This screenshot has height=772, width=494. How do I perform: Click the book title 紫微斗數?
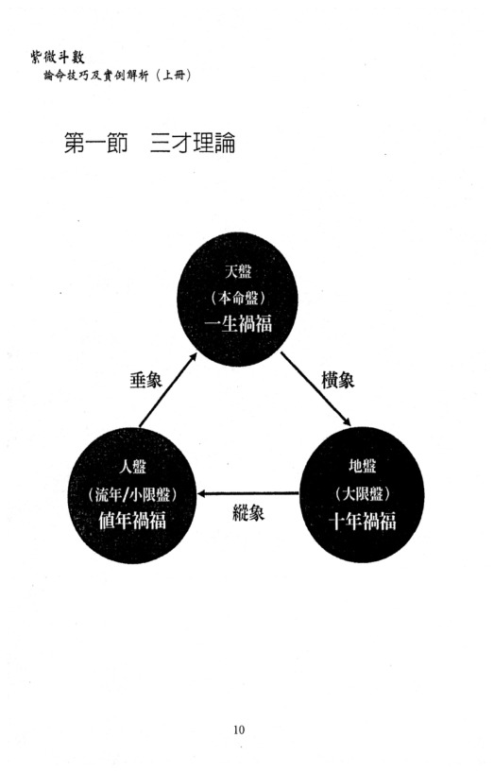pos(58,57)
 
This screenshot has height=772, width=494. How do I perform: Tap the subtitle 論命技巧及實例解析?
pos(96,76)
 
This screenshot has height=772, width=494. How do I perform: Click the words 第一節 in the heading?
pos(96,143)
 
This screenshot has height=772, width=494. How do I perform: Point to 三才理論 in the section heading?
pos(193,143)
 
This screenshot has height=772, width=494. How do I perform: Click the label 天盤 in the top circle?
pos(238,271)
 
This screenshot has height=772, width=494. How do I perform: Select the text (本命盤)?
pos(238,298)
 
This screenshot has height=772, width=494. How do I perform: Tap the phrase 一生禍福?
pos(238,323)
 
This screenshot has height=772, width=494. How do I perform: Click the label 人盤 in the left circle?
pos(132,466)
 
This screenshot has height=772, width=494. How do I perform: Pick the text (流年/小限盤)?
pos(132,494)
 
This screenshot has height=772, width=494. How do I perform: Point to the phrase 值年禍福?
pos(132,521)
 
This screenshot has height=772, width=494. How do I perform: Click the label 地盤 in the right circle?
pos(363,466)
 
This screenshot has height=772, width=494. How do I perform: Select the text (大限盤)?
pos(363,494)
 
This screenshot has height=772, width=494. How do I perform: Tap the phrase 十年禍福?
pos(363,522)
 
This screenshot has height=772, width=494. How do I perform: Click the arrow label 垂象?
pos(145,380)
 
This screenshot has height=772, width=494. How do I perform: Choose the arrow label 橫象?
pos(337,380)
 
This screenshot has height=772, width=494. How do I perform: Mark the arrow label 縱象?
pos(248,513)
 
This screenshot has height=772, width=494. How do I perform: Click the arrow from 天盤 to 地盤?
pos(315,389)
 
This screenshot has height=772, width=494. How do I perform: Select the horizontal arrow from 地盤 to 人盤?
pos(248,493)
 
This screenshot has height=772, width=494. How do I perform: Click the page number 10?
pos(239,729)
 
